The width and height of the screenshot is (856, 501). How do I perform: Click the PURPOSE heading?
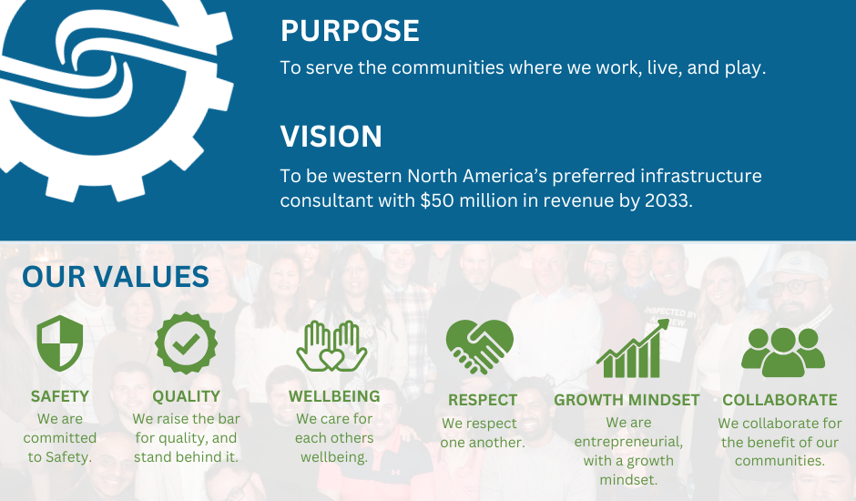350,31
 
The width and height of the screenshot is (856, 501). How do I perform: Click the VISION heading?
331,136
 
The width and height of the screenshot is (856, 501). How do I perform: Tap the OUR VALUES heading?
116,276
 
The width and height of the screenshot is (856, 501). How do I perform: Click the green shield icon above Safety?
60,343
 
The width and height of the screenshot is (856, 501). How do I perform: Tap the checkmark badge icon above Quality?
186,343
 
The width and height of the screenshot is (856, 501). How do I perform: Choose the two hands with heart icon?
331,346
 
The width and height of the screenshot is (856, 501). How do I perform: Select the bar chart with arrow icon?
633,349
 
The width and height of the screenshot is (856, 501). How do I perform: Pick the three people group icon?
783,353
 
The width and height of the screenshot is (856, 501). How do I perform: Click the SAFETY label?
60,396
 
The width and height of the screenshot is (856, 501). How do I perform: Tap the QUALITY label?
186,396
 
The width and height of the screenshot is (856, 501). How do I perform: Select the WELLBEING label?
334,396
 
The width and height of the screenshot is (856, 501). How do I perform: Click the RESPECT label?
483,400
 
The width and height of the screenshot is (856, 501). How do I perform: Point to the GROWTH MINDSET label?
627,400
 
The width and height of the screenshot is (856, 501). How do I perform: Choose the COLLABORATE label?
780,400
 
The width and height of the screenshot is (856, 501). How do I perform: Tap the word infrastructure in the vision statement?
701,176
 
